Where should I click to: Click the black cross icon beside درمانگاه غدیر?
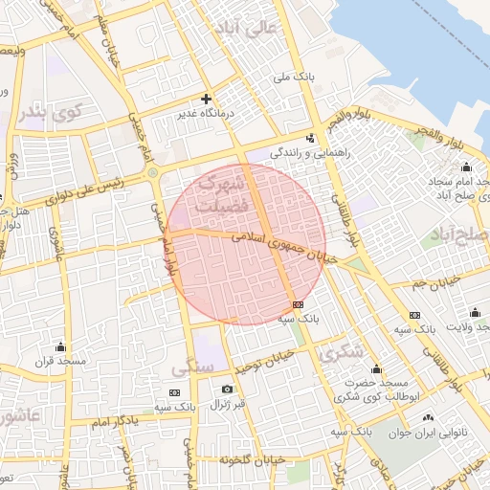206,99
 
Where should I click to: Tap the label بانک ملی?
292,76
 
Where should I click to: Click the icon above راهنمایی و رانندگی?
310,138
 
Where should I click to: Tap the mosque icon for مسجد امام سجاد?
466,167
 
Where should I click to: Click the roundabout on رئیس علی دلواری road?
152,173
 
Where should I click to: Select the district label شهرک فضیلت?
222,192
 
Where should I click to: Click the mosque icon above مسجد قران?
62,346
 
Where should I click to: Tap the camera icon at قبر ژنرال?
227,389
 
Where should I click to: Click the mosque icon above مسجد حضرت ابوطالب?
376,369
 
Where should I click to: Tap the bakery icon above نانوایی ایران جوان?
428,417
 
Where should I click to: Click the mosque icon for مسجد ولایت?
475,313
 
